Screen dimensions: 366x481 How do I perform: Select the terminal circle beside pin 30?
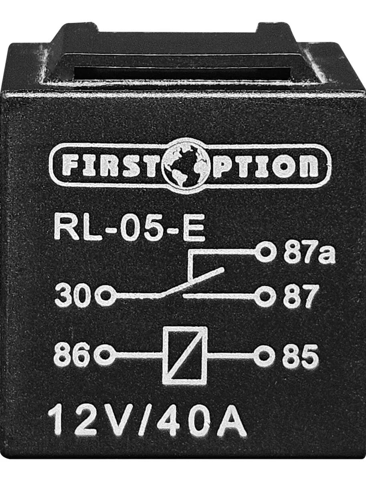(105, 296)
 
